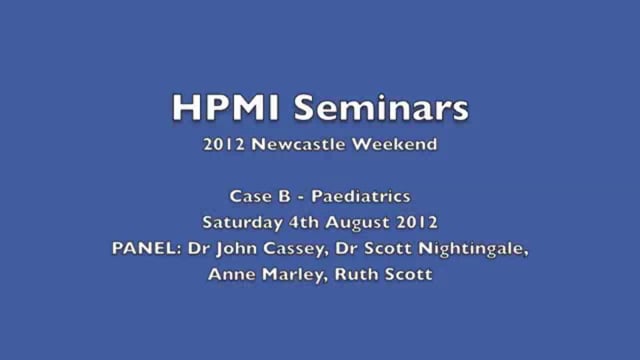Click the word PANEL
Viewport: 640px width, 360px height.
pyautogui.click(x=141, y=248)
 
